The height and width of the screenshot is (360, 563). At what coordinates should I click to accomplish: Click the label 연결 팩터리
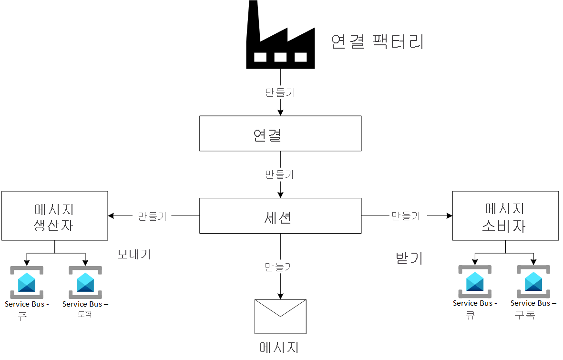(377, 42)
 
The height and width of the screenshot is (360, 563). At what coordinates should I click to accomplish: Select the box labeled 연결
(280, 134)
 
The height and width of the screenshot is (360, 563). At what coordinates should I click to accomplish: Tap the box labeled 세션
(280, 216)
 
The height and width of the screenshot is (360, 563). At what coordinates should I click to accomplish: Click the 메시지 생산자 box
(55, 216)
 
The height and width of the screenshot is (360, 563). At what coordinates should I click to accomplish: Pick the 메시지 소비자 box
(505, 216)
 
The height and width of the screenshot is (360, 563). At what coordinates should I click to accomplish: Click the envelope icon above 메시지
(280, 316)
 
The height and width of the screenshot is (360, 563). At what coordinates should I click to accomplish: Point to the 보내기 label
(134, 254)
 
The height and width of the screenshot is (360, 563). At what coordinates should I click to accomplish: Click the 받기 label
(409, 258)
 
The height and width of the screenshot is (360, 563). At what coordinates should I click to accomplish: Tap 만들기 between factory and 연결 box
(280, 93)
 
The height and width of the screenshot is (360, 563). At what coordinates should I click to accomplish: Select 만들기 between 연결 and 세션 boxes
(280, 175)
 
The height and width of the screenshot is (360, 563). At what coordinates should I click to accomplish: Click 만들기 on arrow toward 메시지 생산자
(152, 216)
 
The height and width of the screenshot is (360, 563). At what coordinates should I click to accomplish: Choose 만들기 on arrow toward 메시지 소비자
(406, 216)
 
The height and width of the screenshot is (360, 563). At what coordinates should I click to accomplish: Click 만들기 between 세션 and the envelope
(279, 267)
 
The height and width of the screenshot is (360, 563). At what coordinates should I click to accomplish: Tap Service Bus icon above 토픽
(85, 282)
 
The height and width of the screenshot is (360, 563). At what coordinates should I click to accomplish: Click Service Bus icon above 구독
(533, 281)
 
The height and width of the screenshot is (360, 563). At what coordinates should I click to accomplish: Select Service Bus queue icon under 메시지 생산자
(27, 282)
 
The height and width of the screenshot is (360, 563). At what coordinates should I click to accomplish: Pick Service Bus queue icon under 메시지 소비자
(475, 281)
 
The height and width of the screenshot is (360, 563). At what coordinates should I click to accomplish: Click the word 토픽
(84, 315)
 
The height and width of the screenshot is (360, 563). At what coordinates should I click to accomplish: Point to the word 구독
(524, 315)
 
